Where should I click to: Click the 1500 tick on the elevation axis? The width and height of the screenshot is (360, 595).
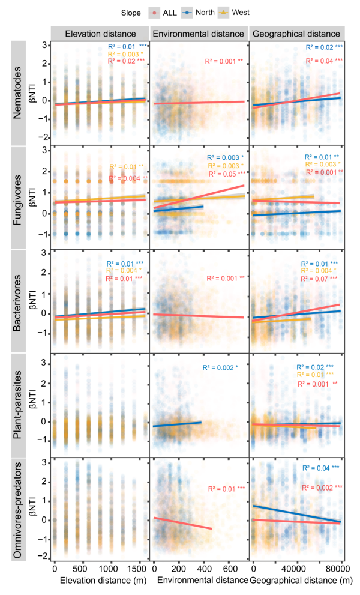tap(137, 569)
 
